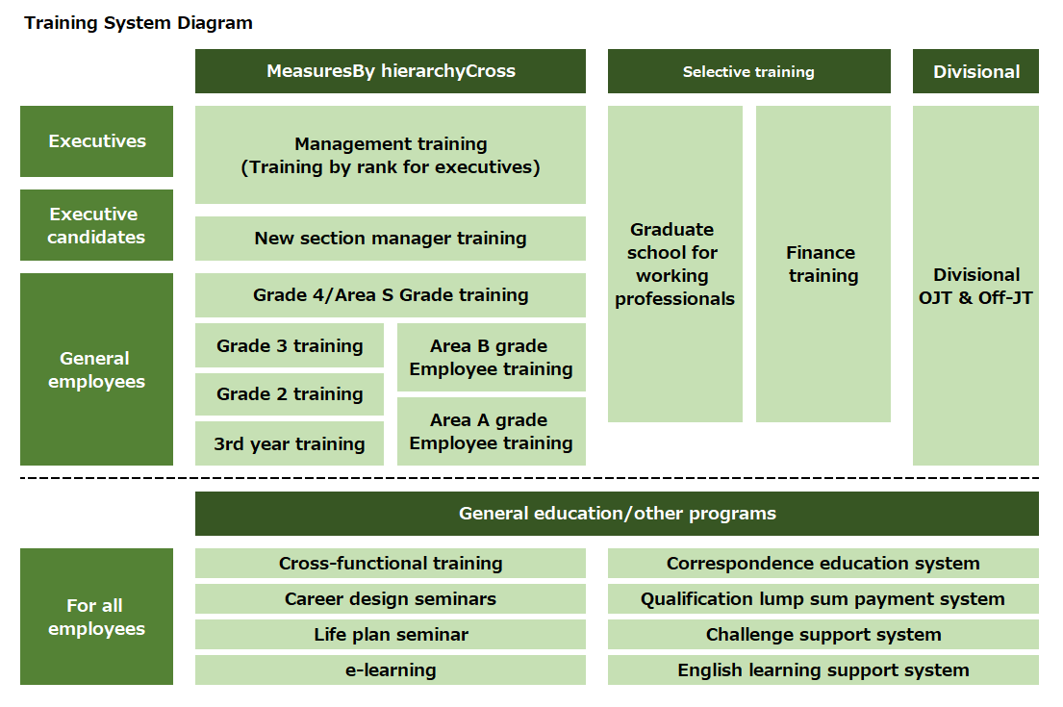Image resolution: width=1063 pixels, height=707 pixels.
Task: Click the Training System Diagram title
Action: click(139, 23)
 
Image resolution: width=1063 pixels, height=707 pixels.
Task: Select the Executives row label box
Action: click(96, 141)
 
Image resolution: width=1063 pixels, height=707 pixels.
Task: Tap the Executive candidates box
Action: click(96, 225)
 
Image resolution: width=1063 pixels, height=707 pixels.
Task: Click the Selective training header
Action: click(748, 71)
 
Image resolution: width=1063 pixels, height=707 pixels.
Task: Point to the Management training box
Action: click(391, 155)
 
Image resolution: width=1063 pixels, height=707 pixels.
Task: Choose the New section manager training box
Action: click(391, 239)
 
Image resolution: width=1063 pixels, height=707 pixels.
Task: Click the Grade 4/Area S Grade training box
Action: click(391, 295)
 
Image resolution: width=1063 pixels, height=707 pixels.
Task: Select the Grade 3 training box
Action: click(290, 345)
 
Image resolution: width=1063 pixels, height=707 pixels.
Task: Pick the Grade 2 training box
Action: click(290, 393)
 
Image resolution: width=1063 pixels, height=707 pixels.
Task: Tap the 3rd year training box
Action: click(290, 443)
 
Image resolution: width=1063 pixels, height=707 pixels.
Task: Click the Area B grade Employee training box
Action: click(492, 357)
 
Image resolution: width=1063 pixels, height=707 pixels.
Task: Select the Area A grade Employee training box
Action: click(492, 431)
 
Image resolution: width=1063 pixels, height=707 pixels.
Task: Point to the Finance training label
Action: click(823, 265)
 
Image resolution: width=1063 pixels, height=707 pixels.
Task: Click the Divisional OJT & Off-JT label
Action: click(975, 286)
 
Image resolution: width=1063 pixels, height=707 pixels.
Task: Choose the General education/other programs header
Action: click(617, 513)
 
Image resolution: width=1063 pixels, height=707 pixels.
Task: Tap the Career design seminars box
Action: click(391, 599)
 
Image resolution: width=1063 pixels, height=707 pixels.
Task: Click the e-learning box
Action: click(391, 669)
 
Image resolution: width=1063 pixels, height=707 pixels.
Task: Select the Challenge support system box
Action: click(823, 635)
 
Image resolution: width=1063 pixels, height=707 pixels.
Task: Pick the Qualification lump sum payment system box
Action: click(823, 599)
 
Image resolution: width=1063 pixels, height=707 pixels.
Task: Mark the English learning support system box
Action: click(823, 669)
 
